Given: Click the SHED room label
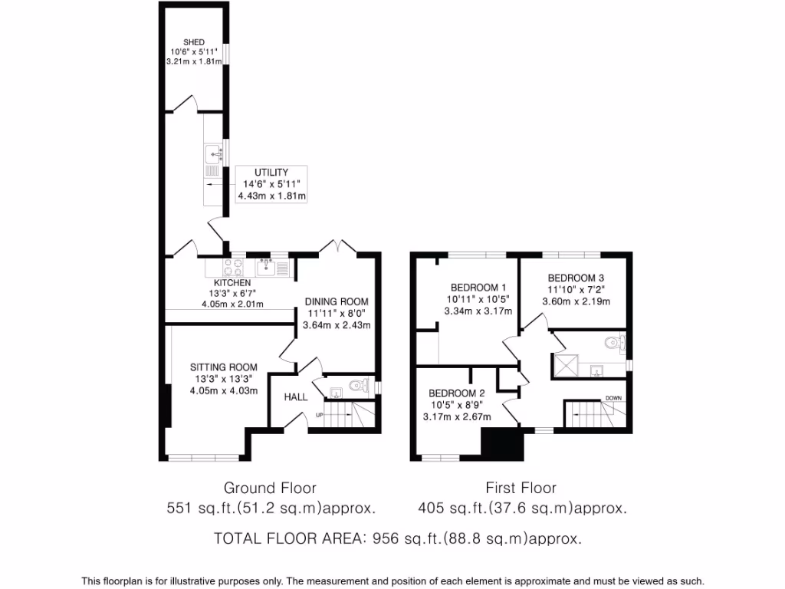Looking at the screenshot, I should click(x=193, y=42).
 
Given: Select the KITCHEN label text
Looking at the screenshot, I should click(x=232, y=283).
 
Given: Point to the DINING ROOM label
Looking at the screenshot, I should click(x=336, y=301).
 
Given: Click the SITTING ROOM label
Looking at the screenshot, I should click(x=224, y=367).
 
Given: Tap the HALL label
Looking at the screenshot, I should click(x=296, y=397).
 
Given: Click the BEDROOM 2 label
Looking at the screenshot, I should click(x=456, y=393).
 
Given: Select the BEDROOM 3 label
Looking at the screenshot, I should click(x=576, y=278).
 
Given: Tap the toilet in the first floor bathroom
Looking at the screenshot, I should click(x=615, y=342).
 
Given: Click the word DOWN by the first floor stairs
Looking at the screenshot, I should click(x=613, y=398).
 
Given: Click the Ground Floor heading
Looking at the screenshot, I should click(x=269, y=488).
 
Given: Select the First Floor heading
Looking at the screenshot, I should click(x=521, y=488).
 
